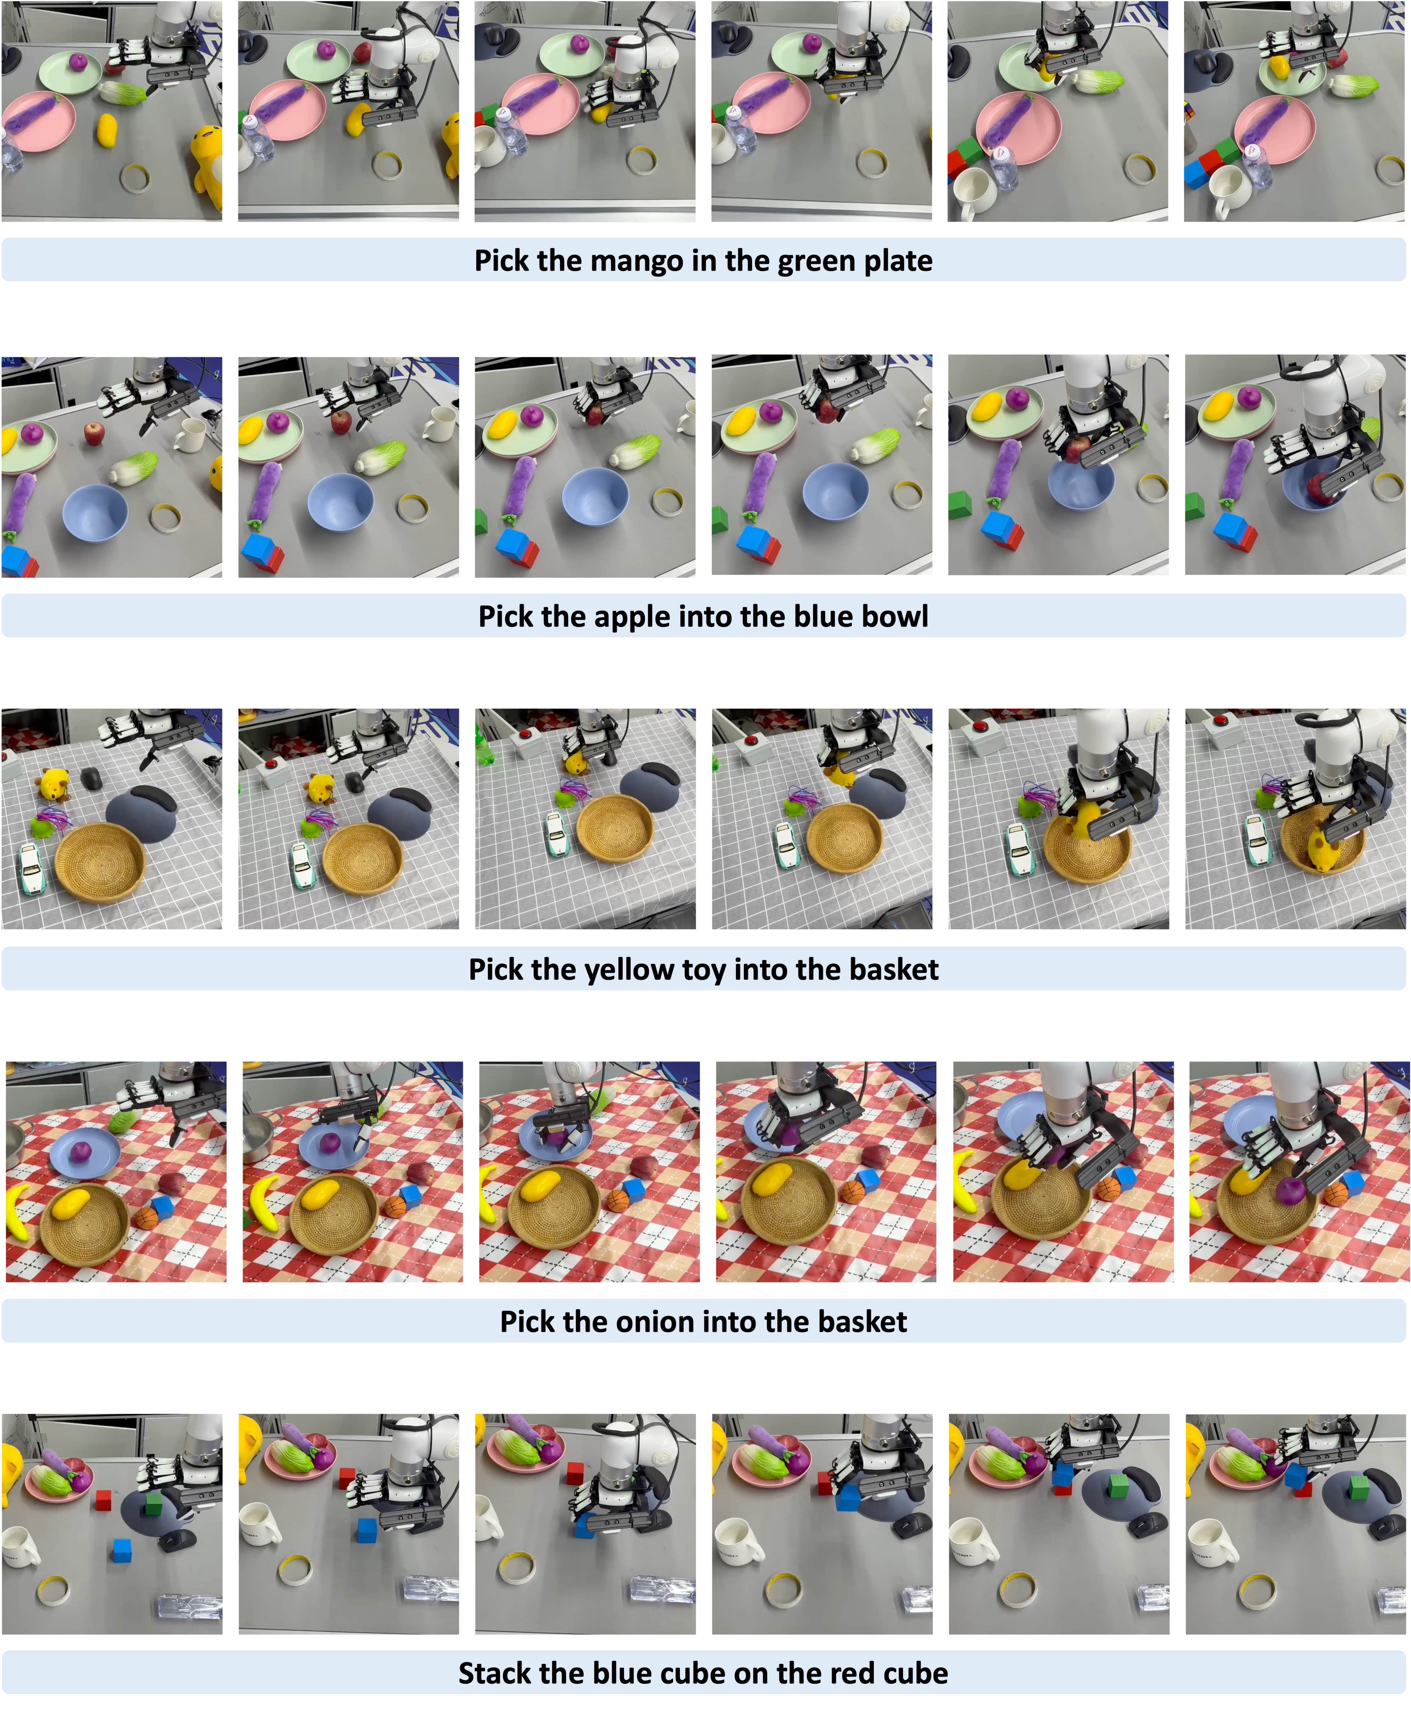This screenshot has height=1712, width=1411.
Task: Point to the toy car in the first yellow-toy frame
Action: point(30,870)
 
